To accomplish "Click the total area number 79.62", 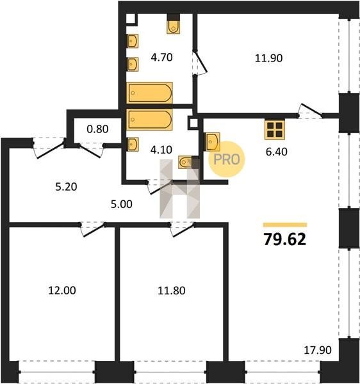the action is click(x=285, y=239).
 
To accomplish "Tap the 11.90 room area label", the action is click(x=268, y=58).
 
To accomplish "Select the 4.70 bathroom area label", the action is click(x=161, y=58).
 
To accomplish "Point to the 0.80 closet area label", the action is click(x=97, y=129).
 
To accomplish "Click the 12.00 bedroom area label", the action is click(x=62, y=291).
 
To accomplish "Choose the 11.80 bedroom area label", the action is click(x=172, y=291).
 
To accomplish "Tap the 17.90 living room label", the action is click(x=318, y=350).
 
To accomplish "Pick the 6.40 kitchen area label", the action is click(x=277, y=152).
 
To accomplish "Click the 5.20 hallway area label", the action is click(x=66, y=187).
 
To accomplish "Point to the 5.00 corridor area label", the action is click(x=122, y=204).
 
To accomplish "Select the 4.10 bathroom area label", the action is click(x=161, y=150).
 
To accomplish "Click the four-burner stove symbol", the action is click(x=275, y=130).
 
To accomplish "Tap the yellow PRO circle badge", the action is click(x=226, y=159).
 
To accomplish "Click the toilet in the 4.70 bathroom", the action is click(x=174, y=26).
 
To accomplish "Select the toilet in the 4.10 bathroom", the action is click(x=186, y=162).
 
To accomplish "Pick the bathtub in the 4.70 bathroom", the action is click(x=149, y=93).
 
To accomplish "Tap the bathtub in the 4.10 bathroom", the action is click(x=149, y=119).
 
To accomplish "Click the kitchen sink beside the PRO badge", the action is click(x=213, y=142).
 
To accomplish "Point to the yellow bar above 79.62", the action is click(x=285, y=225).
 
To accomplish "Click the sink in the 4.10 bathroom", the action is click(x=133, y=144).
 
